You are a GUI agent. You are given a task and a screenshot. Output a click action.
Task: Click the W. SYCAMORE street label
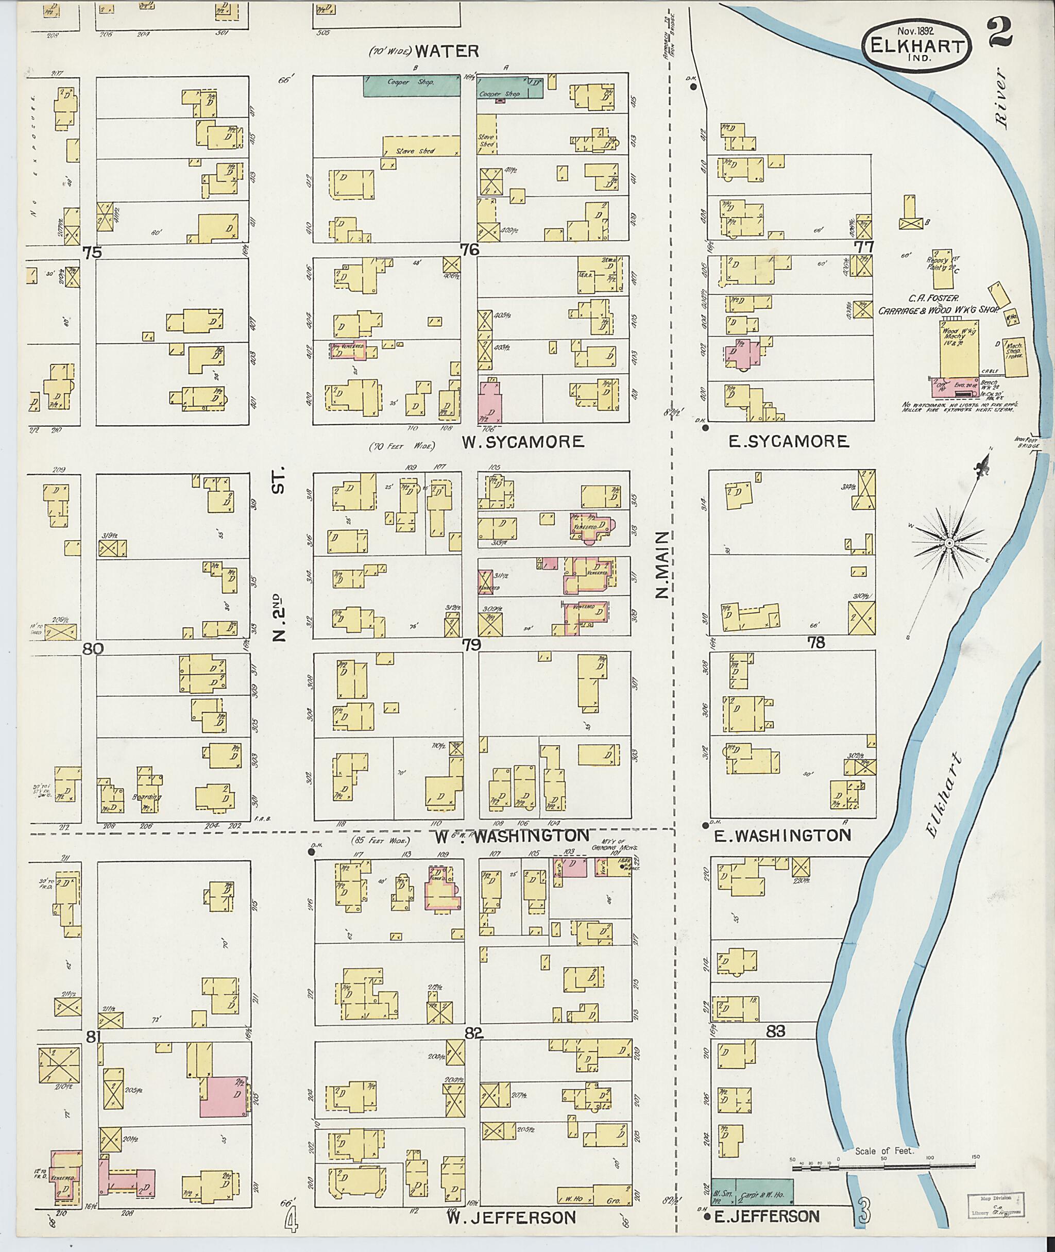tap(522, 442)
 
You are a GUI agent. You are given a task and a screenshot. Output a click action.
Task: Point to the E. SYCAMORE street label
tap(788, 442)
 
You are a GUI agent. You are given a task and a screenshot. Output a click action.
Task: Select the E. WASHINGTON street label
tap(782, 836)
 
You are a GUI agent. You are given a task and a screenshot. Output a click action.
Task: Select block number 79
tap(471, 644)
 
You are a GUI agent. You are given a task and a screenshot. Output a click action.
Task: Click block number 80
tap(93, 648)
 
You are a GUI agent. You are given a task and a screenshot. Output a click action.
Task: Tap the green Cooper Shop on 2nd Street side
tap(412, 86)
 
